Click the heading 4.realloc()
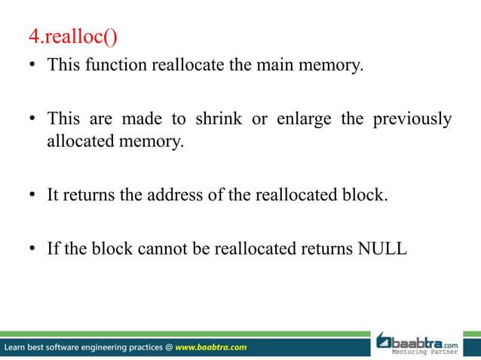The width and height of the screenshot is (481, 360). pyautogui.click(x=71, y=35)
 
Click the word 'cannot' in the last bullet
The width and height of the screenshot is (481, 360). pyautogui.click(x=161, y=248)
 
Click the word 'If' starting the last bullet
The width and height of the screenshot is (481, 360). pyautogui.click(x=53, y=248)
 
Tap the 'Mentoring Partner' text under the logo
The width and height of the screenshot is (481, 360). pyautogui.click(x=428, y=351)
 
